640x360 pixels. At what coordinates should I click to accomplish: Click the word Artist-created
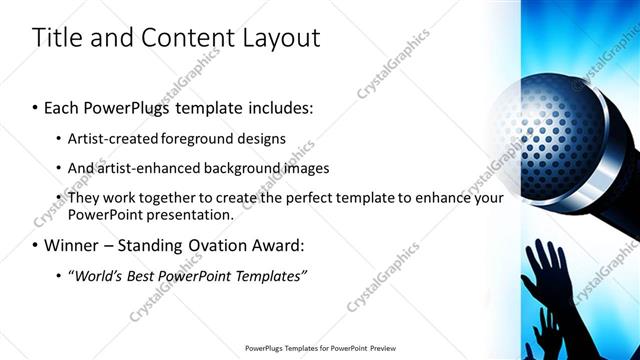coord(117,138)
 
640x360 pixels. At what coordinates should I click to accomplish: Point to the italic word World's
coord(98,275)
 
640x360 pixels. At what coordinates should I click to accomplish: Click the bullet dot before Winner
coord(36,246)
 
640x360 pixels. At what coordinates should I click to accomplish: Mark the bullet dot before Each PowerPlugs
coord(36,108)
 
